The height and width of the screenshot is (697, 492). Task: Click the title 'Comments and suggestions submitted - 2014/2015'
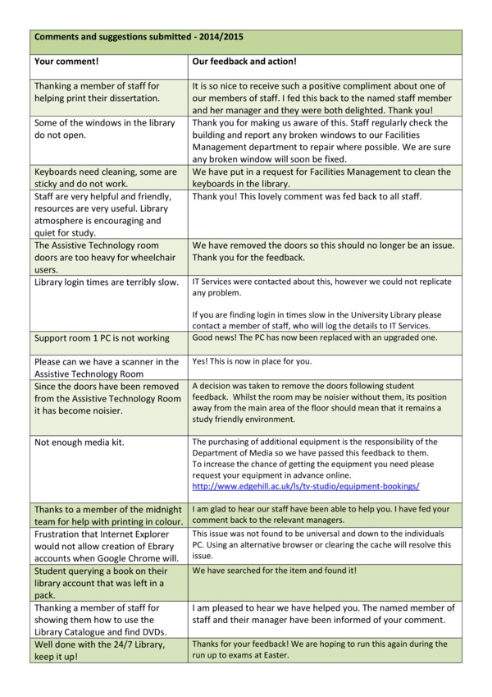139,38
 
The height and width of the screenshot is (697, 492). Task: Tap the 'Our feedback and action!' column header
244,62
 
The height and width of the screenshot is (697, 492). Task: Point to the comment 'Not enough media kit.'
79,443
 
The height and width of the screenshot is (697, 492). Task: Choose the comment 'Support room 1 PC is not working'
102,338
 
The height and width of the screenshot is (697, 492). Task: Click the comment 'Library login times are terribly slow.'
106,282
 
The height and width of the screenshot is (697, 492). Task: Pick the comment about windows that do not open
104,130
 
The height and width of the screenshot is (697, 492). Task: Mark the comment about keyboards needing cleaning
105,178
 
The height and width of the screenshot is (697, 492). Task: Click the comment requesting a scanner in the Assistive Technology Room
106,367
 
